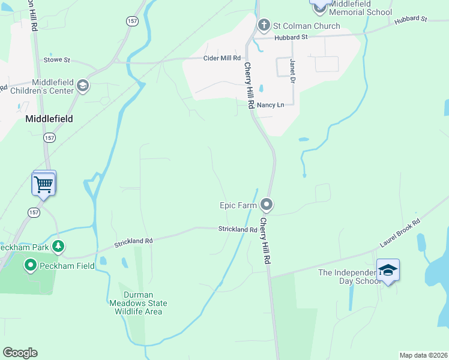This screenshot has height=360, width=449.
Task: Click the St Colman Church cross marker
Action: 263,25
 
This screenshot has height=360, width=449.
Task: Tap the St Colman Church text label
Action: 306,26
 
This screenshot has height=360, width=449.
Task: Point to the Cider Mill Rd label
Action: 222,58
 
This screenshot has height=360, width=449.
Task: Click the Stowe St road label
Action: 57,60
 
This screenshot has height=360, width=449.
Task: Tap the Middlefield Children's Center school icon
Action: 83,87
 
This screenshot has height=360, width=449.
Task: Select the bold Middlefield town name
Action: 49,119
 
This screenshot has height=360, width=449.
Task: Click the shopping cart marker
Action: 44,184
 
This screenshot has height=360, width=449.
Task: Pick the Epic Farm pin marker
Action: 267,205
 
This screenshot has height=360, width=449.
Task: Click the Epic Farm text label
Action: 238,205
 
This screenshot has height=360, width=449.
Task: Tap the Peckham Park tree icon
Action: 58,246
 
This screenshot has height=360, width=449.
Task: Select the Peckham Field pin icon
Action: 31,265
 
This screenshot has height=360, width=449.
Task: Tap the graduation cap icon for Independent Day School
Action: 388,271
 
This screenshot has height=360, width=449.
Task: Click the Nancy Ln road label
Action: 270,104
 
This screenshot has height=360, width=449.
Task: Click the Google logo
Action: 20,352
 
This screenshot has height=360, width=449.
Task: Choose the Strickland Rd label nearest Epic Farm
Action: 238,229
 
